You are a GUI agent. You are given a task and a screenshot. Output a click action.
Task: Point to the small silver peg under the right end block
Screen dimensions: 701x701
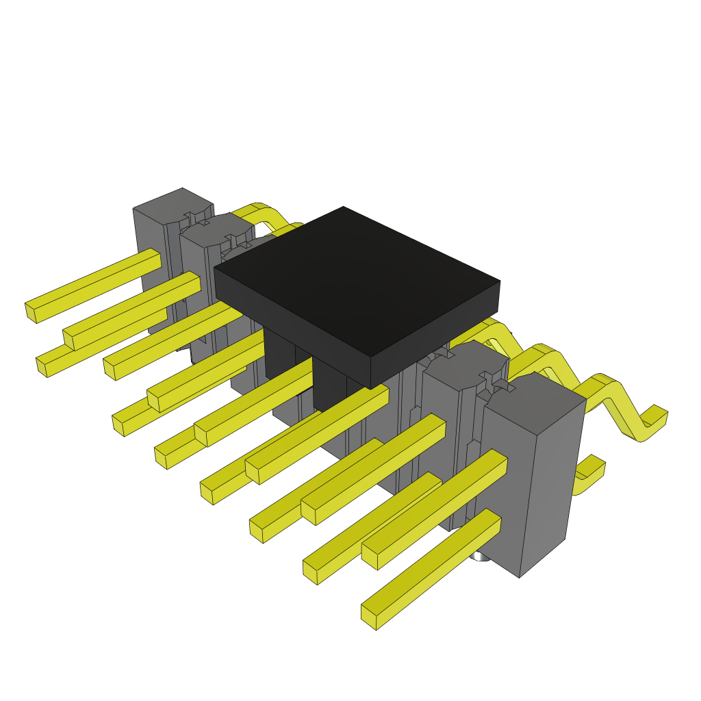pos(482,556)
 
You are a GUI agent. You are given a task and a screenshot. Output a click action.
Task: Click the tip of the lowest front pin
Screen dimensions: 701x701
pos(370,616)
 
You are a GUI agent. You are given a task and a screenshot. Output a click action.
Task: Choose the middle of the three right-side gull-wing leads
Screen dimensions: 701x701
pos(548,356)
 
